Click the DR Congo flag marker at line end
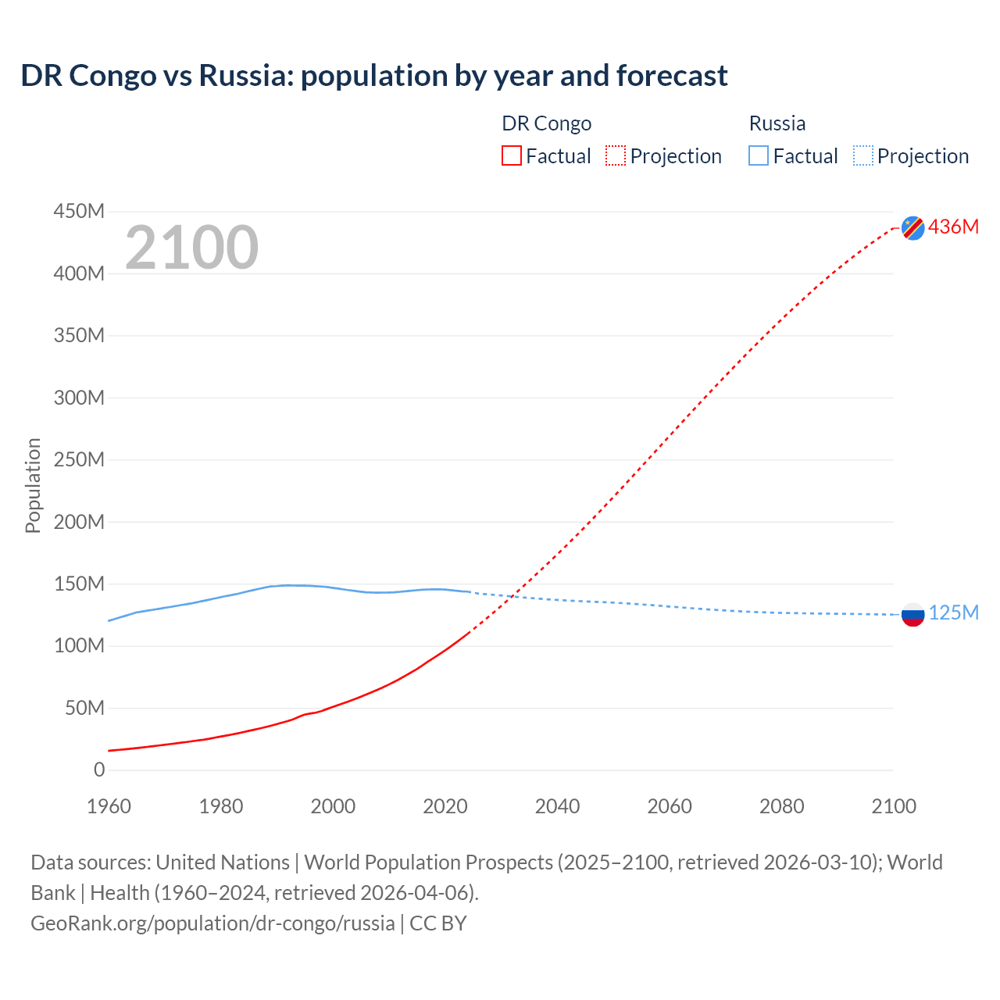[912, 227]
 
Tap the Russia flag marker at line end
[912, 614]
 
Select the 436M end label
[953, 227]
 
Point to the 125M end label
[953, 612]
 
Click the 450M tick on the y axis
[79, 211]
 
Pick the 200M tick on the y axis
[79, 521]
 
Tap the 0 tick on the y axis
[99, 770]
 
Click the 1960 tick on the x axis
[109, 806]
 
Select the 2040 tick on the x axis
[557, 806]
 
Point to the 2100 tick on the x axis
[894, 806]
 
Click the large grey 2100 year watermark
[191, 248]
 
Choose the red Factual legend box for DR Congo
[512, 155]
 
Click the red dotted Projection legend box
[616, 155]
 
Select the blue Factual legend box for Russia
[759, 155]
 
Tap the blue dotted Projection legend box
[862, 155]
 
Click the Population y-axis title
[33, 485]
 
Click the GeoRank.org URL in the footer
[212, 923]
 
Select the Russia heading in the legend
[777, 123]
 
